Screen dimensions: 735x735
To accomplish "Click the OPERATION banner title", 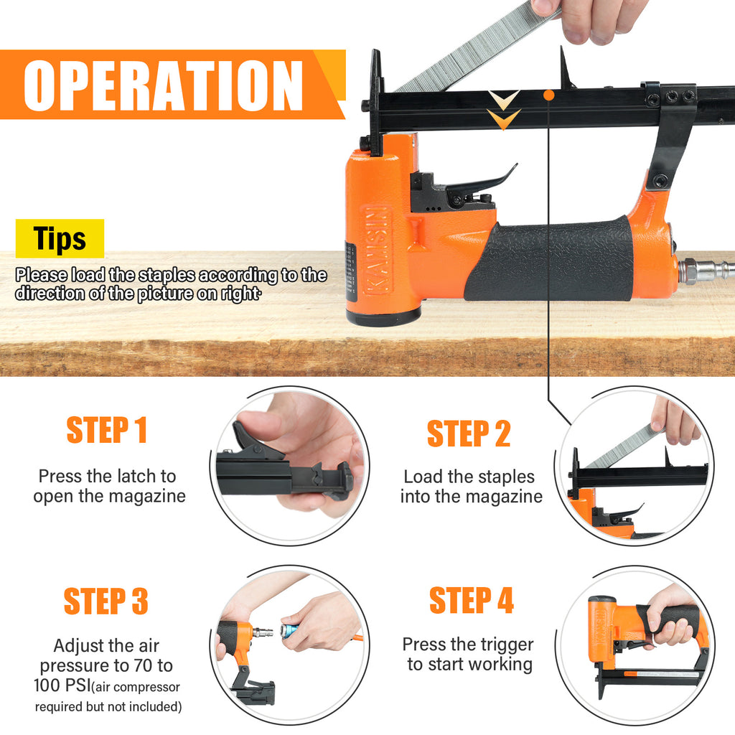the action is click(x=163, y=85).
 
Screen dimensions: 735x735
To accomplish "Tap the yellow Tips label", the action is click(x=60, y=238).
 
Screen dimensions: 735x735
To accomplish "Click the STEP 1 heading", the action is click(x=107, y=430).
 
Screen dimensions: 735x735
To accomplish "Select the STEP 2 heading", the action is click(x=468, y=434).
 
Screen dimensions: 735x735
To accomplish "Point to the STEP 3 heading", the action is click(x=106, y=601).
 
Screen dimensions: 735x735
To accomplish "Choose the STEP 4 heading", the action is click(x=472, y=600).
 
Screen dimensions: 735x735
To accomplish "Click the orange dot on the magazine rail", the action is click(x=549, y=95).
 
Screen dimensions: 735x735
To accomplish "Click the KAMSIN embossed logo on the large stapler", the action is click(x=378, y=250).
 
